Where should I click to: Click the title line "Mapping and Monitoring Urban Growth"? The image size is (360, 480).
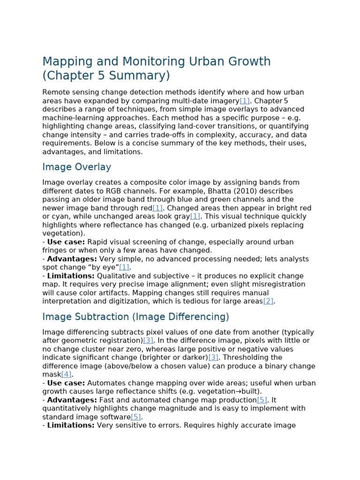(x=157, y=62)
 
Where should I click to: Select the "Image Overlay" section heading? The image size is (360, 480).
(x=76, y=167)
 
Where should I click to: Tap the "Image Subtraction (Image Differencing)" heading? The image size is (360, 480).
(x=135, y=317)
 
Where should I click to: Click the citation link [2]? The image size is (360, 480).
(x=268, y=301)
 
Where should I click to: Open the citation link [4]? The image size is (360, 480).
(x=66, y=375)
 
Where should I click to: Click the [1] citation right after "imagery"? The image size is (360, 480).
(x=245, y=101)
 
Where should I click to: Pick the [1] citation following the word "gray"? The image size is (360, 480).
(x=195, y=217)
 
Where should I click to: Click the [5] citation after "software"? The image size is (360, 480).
(x=136, y=417)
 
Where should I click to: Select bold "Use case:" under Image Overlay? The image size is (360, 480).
(x=66, y=242)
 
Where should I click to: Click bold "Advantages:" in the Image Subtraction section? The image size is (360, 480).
(x=72, y=400)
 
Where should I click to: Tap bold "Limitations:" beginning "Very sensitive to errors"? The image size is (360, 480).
(x=71, y=426)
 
